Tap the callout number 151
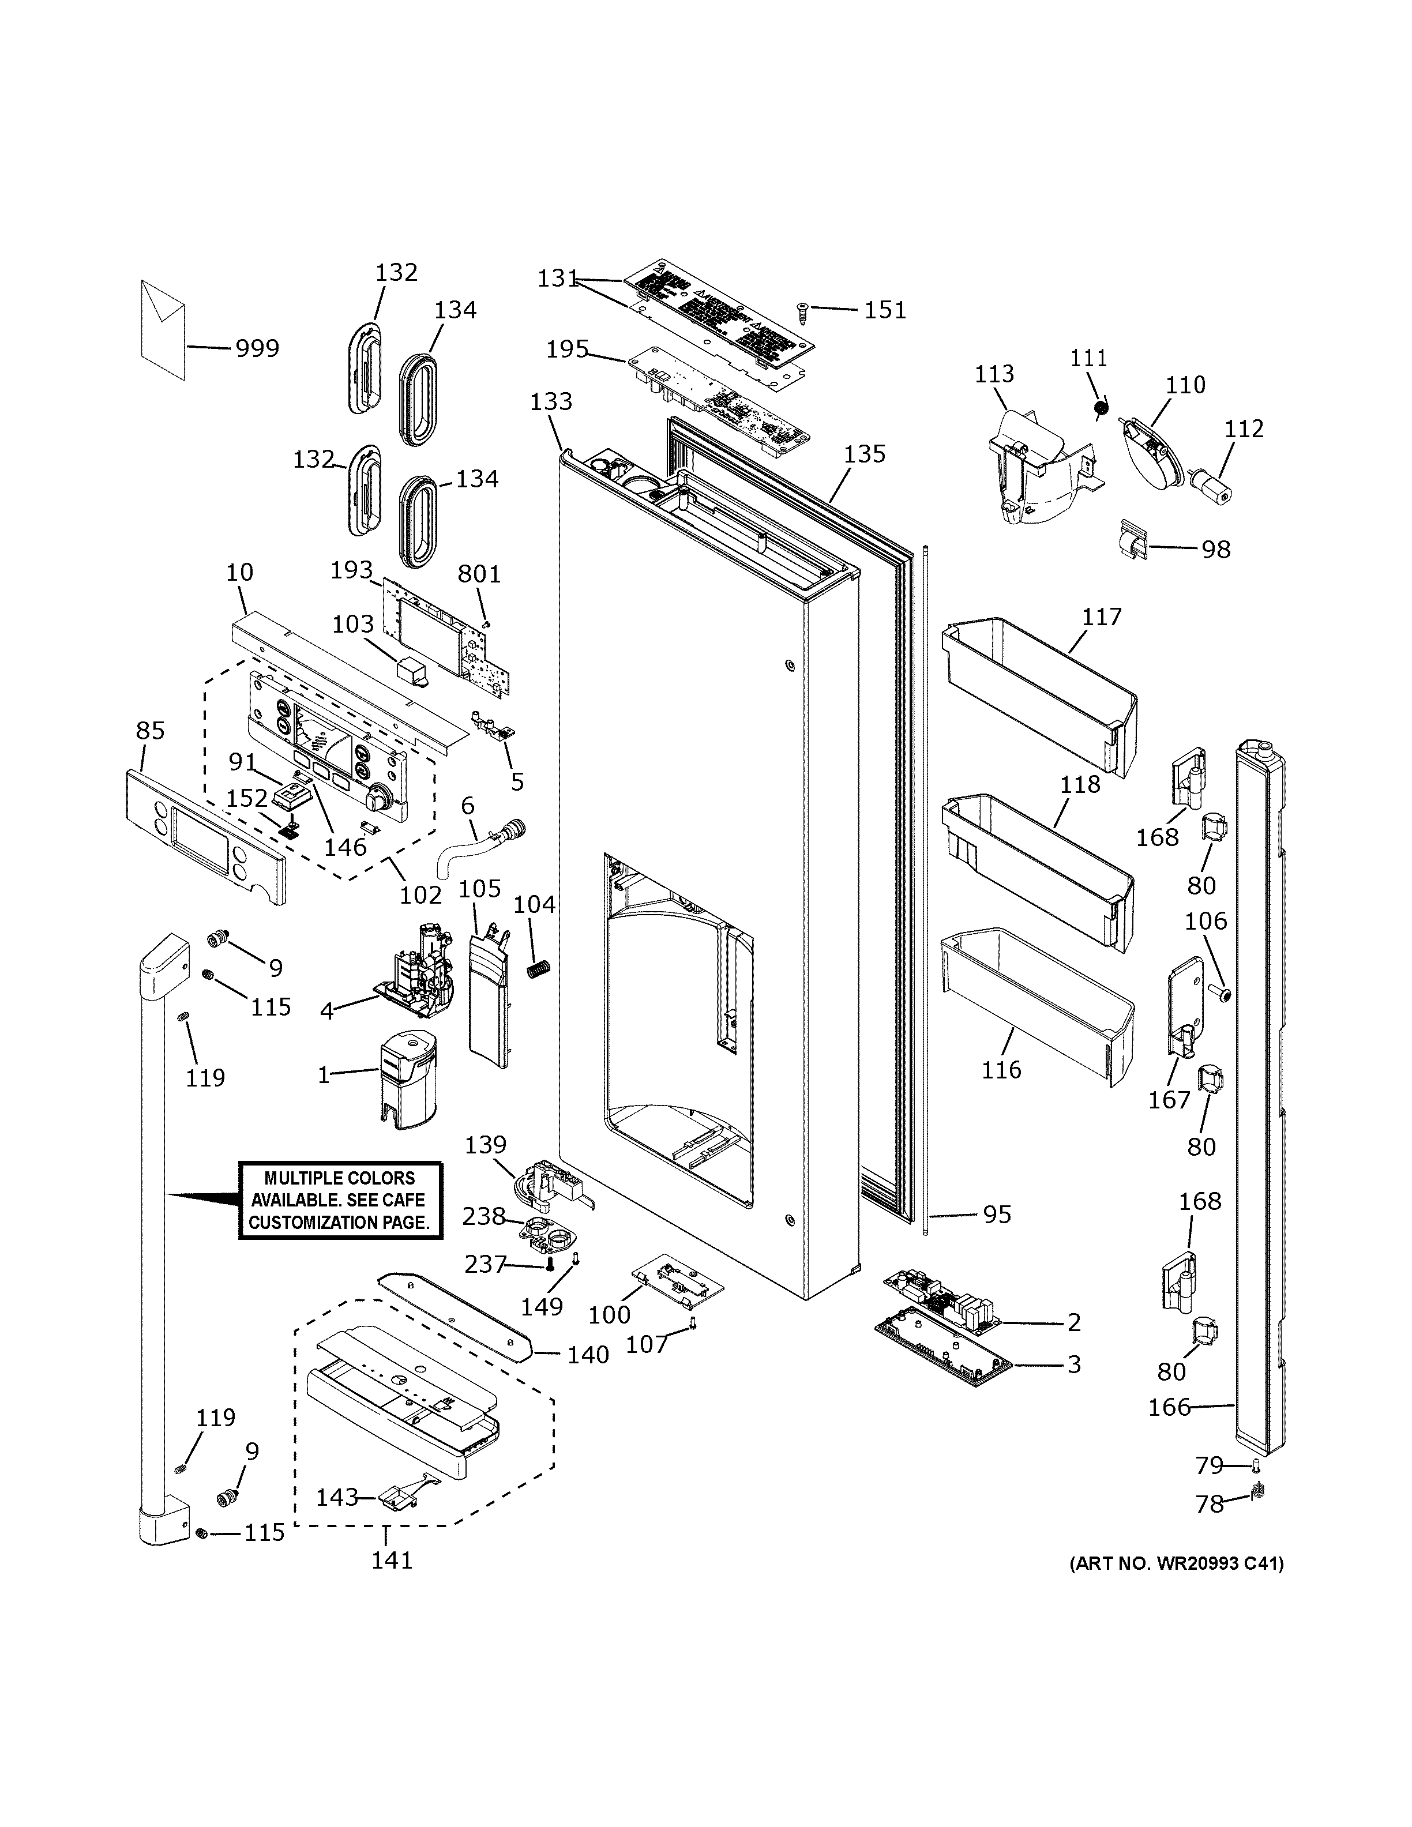[x=885, y=310]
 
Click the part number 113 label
[x=994, y=374]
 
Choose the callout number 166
[x=1169, y=1407]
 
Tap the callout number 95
[x=996, y=1215]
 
